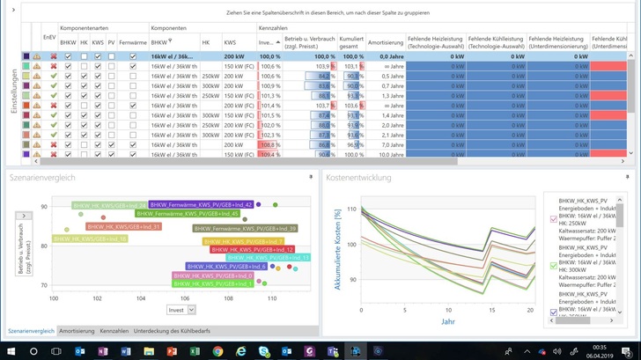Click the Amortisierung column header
coord(385,41)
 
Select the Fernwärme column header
coord(133,41)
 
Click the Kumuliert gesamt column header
coord(352,41)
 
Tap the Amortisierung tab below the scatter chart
coord(77,331)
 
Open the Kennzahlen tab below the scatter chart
coord(114,331)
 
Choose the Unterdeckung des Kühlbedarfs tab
coord(172,331)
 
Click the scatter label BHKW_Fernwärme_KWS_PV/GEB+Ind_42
coord(201,204)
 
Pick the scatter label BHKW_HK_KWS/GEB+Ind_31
coord(124,226)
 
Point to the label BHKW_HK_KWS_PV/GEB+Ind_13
coord(269,258)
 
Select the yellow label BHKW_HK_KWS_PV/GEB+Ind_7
coord(243,241)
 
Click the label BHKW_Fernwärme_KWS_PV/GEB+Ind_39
coord(245,229)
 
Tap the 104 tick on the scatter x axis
coord(141,298)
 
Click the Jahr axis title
coord(448,321)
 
